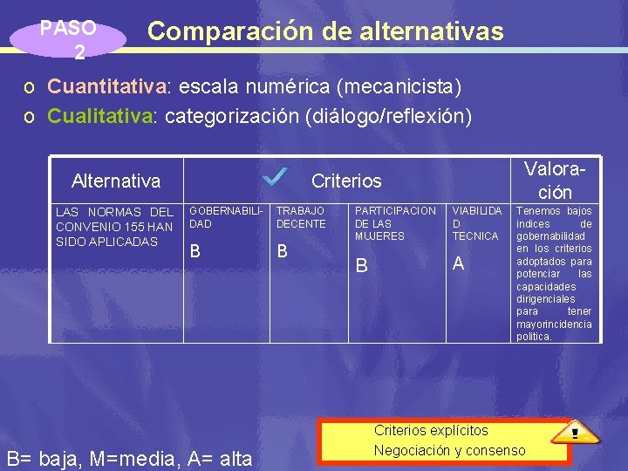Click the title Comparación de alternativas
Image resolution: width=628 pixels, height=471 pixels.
tap(325, 31)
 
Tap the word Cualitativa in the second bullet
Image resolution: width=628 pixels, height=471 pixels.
tap(99, 115)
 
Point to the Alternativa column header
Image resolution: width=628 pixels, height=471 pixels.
tap(116, 181)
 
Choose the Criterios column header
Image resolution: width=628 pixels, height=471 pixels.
tap(346, 181)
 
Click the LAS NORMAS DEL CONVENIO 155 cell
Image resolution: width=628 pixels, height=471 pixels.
tap(114, 227)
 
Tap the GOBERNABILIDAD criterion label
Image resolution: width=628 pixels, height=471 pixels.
tap(226, 217)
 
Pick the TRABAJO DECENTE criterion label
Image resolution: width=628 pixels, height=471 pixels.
tap(301, 217)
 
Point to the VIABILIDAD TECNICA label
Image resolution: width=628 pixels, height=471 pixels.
tap(476, 223)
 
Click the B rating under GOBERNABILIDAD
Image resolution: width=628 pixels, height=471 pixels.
tap(195, 251)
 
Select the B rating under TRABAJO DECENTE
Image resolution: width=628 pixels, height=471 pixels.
tap(282, 251)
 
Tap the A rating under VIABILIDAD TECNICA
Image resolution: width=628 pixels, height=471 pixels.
tap(458, 263)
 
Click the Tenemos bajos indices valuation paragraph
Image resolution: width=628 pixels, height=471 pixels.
tap(554, 273)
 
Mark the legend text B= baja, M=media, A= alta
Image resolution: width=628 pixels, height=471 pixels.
tap(129, 458)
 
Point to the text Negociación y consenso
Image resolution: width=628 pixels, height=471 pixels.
tap(449, 450)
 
